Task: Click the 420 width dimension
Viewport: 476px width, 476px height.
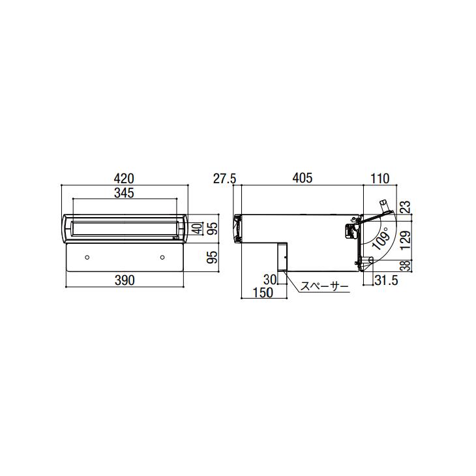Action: coord(125,179)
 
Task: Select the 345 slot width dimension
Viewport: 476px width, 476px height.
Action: coord(124,193)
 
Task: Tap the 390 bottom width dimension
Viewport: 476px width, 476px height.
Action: coord(125,280)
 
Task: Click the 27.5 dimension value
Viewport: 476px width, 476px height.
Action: coord(225,179)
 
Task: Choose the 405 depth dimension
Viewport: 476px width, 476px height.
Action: coord(303,178)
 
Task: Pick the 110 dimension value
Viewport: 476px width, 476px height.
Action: coord(379,179)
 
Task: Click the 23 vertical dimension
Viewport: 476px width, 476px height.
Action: coord(406,207)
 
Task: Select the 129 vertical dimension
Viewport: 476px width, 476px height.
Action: coord(406,241)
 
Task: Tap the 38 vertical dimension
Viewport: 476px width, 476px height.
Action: coord(406,265)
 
